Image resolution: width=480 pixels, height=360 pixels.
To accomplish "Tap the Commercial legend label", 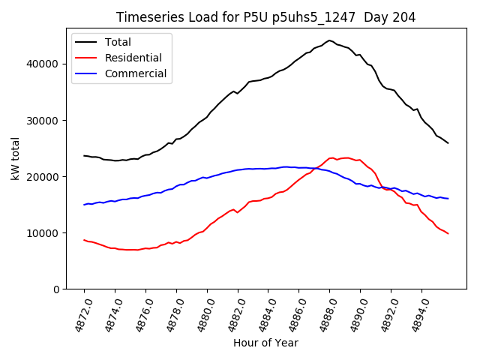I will [x=136, y=73].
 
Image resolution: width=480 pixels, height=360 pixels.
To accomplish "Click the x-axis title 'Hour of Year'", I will [x=265, y=343].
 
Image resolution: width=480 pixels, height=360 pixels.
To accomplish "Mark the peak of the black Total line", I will [x=329, y=40].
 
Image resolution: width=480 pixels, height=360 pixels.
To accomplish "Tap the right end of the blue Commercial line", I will [x=448, y=199].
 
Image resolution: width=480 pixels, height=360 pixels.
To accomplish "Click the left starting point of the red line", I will [x=84, y=240].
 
